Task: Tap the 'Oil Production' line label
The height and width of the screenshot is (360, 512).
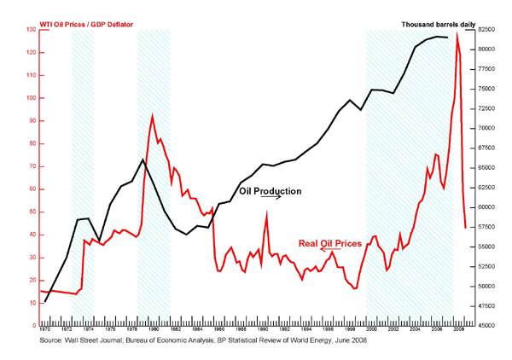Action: [270, 192]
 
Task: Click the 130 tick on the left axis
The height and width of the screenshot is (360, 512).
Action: [32, 30]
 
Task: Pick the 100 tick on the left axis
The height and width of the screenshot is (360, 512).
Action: [32, 98]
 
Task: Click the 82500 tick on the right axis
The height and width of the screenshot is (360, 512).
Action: [486, 30]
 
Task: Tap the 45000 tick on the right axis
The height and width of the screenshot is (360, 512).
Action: [486, 325]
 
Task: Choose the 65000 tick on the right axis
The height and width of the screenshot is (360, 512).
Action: [486, 168]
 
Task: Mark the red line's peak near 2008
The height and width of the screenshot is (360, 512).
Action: [457, 34]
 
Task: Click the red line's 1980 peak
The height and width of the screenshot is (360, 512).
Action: [152, 115]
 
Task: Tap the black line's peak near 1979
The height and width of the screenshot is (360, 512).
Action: [142, 160]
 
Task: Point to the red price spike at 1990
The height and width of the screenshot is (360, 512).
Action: [266, 212]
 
